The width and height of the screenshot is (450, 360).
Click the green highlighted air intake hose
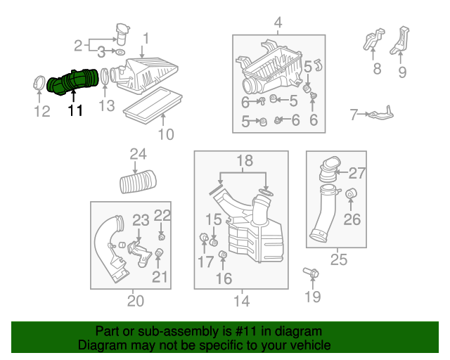[x=72, y=82]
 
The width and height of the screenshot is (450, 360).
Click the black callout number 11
[x=75, y=110]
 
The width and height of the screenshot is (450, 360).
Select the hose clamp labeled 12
[x=39, y=83]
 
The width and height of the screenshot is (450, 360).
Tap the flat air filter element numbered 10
[x=153, y=105]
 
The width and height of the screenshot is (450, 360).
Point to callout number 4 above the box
[x=278, y=23]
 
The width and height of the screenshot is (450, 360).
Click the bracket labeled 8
[x=373, y=39]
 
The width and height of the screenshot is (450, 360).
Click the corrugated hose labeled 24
[x=138, y=181]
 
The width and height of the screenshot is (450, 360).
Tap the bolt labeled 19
[x=311, y=272]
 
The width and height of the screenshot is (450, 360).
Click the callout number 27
[x=357, y=174]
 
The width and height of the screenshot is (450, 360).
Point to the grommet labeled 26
[x=350, y=194]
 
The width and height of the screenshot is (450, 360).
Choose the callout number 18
[x=245, y=161]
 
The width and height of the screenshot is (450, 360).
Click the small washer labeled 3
[x=120, y=52]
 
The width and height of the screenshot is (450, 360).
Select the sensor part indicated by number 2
[x=122, y=34]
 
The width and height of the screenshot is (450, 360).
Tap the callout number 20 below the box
[x=136, y=301]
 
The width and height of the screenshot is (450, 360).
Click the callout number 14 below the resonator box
[x=242, y=301]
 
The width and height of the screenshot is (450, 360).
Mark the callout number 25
[x=339, y=260]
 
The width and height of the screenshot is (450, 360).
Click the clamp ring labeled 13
[x=104, y=76]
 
